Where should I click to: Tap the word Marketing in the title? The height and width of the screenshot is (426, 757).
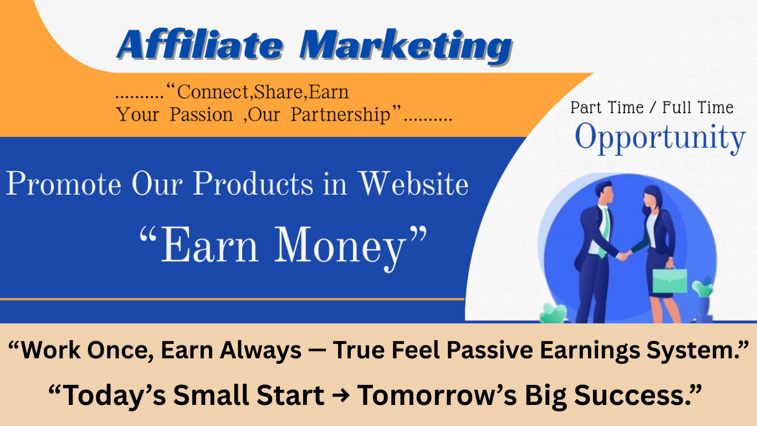coord(405,45)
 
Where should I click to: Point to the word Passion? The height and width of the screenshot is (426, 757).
coord(201,115)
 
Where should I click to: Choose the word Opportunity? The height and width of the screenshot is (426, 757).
coord(659,139)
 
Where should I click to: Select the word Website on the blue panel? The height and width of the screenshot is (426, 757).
coord(413,183)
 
